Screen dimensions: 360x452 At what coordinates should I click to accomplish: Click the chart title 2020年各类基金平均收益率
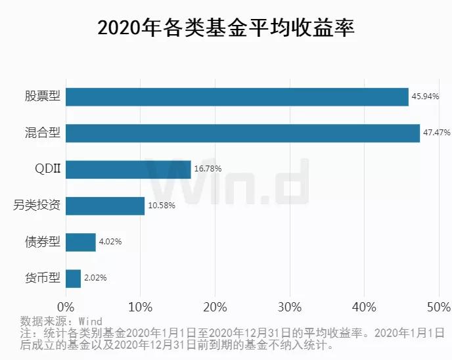pos(226,28)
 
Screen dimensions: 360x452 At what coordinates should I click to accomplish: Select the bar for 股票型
pos(237,97)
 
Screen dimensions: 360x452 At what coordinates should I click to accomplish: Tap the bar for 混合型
pos(242,133)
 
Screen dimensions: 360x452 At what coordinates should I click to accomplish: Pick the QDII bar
pos(128,169)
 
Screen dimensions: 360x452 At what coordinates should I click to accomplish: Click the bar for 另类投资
pos(105,206)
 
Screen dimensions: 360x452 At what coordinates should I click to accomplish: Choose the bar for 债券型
pos(81,242)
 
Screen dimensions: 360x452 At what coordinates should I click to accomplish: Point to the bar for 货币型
pos(73,278)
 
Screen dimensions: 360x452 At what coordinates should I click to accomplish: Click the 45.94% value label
pos(425,97)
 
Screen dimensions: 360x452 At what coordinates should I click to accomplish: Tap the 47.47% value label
pos(436,133)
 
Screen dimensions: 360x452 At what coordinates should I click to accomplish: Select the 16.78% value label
pos(208,169)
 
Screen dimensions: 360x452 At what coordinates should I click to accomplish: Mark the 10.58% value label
pos(161,206)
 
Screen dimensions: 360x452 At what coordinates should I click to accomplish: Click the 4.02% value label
pos(110,242)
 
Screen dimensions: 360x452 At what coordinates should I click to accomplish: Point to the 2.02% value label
pos(95,278)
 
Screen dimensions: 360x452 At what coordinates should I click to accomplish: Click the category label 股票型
pos(43,97)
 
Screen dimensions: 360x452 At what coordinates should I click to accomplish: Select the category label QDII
pos(47,169)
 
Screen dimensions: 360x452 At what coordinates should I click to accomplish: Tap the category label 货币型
pos(43,278)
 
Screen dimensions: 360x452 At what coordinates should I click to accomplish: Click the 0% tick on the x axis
pos(66,307)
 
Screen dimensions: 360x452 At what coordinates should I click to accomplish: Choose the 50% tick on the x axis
pos(438,307)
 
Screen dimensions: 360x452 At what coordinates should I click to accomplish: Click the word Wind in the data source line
pos(90,321)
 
